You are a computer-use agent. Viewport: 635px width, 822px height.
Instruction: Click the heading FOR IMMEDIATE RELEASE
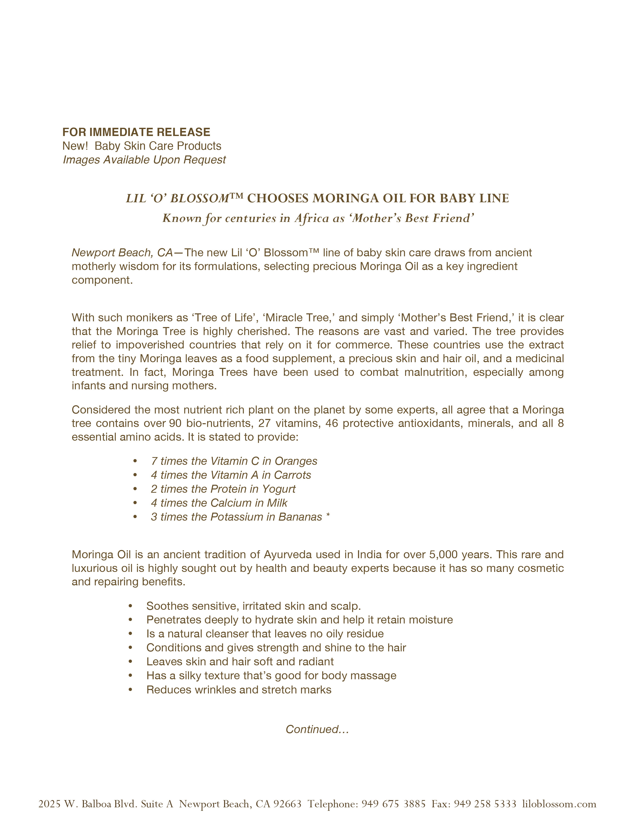click(136, 132)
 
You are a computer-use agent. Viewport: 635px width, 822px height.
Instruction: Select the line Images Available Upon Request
click(144, 160)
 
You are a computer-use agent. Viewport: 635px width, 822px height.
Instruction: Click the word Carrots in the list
click(292, 475)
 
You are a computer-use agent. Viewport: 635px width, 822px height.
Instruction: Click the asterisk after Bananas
click(328, 516)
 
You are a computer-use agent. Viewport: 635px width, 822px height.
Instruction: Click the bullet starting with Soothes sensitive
click(253, 606)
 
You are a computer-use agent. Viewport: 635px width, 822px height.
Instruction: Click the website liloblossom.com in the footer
click(559, 804)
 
